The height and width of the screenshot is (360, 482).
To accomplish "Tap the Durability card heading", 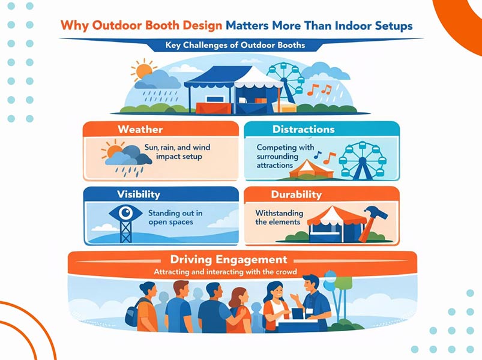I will [x=296, y=194].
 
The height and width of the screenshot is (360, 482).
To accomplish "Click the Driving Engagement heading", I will [x=229, y=260].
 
